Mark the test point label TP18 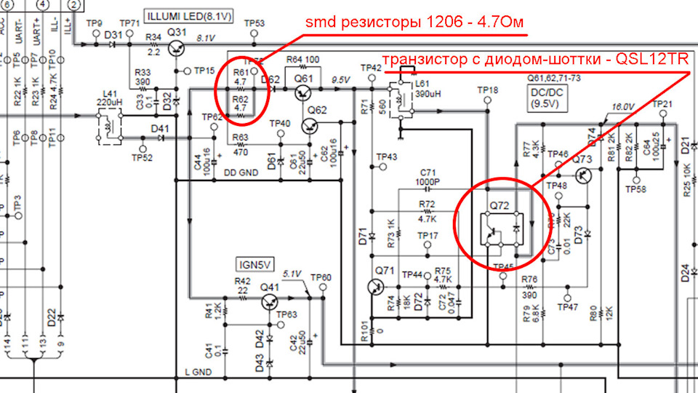(488, 90)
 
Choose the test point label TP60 (321, 277)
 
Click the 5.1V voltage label (292, 274)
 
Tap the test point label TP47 (567, 307)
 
